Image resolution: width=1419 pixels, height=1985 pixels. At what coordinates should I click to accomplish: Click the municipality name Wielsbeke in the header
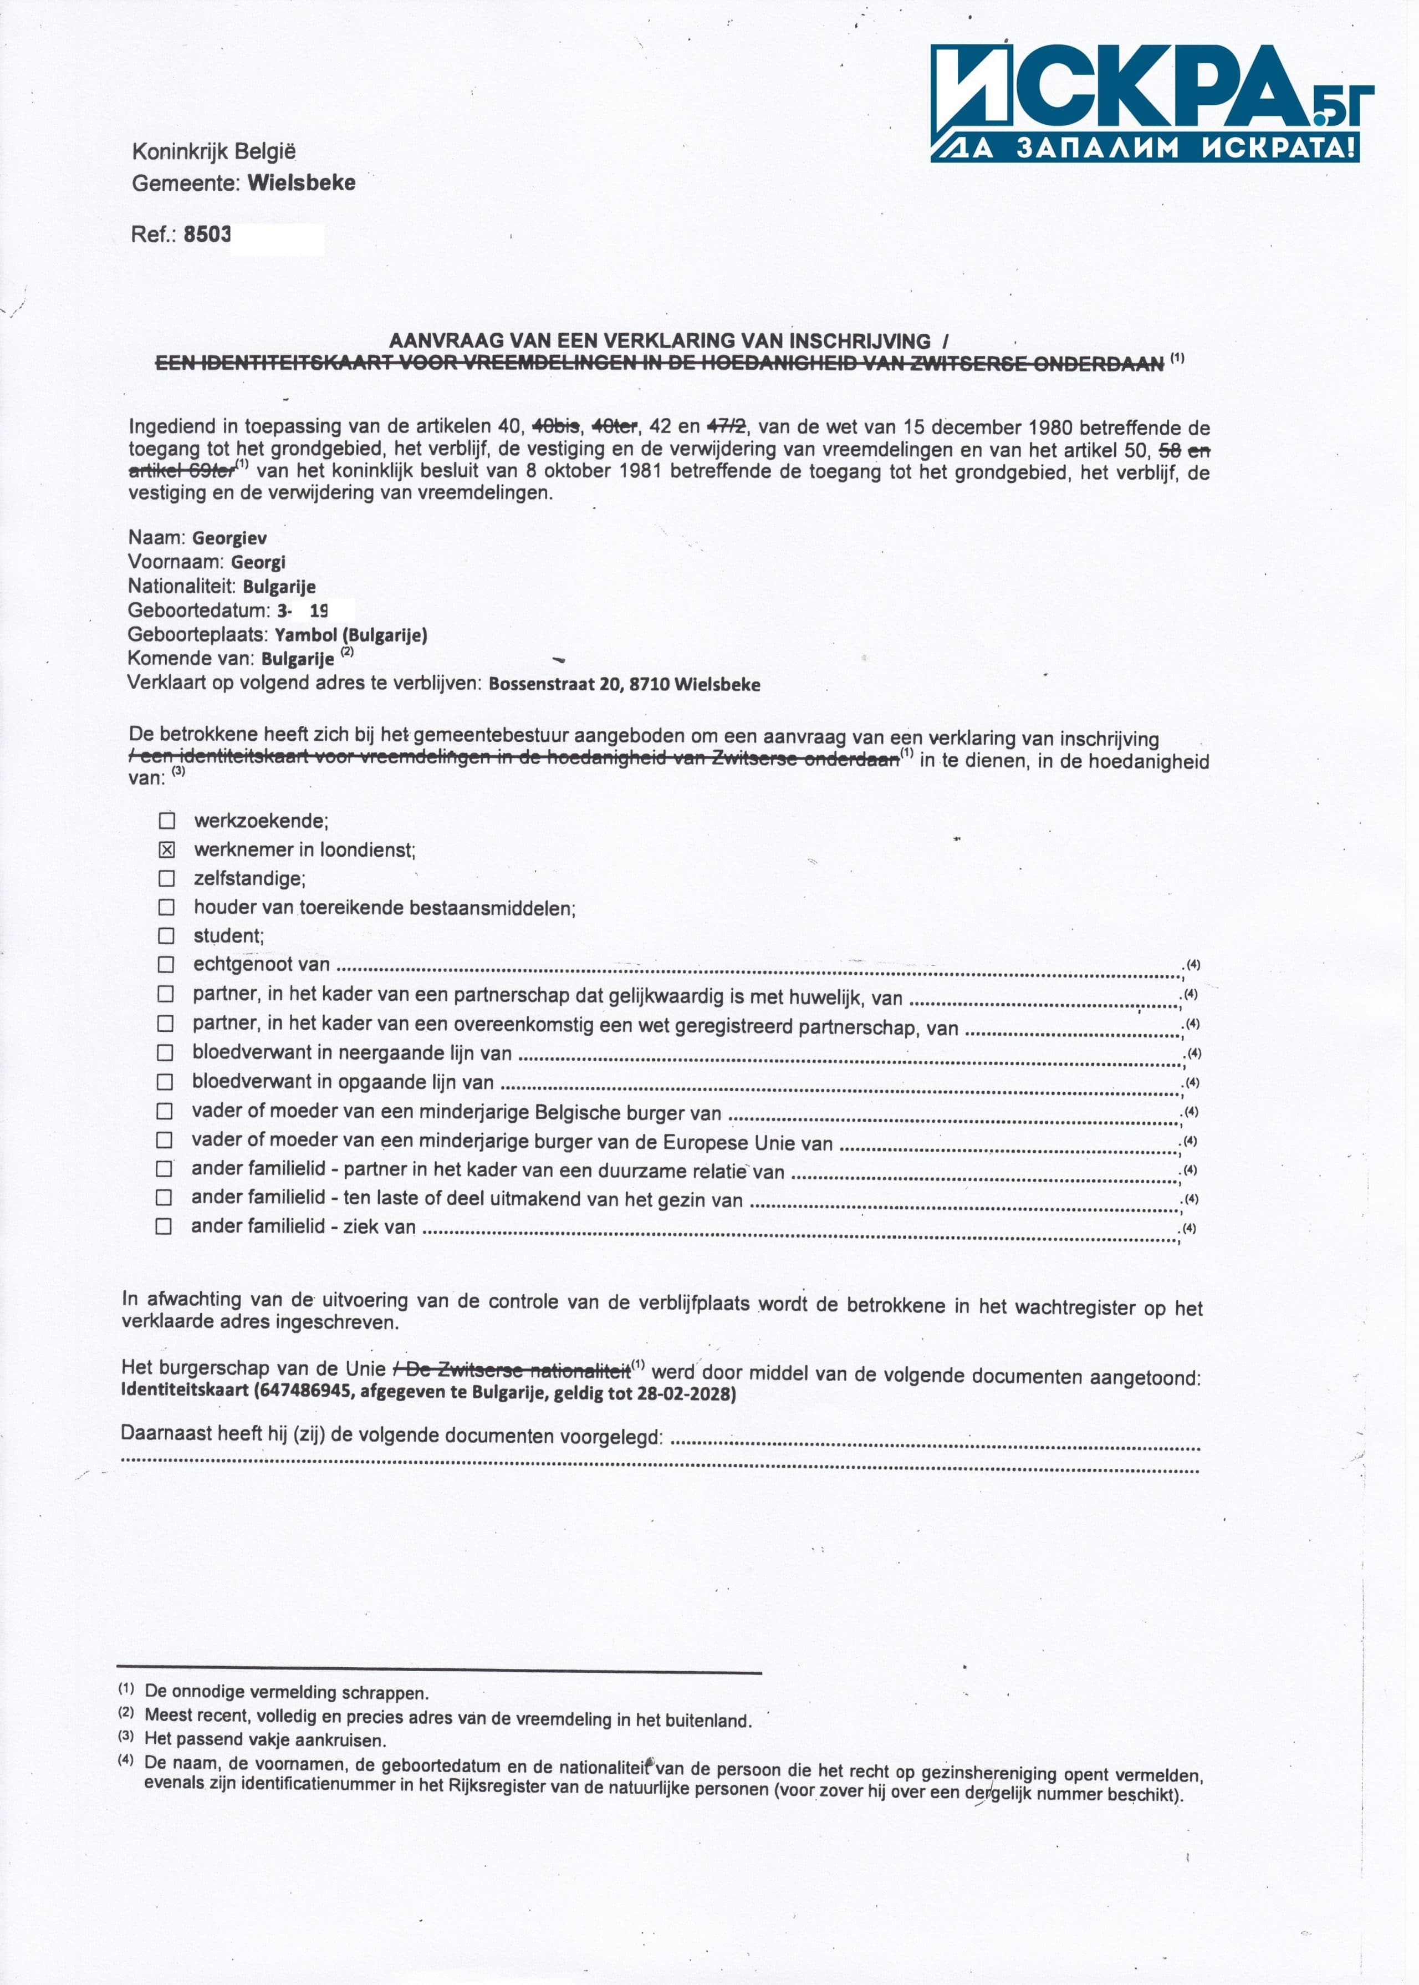tap(302, 182)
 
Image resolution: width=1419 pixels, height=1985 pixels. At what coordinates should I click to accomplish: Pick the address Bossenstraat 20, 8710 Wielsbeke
tap(624, 684)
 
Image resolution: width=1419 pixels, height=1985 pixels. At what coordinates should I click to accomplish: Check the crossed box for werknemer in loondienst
tap(167, 849)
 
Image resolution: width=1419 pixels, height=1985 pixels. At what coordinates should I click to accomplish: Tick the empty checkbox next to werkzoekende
tap(167, 821)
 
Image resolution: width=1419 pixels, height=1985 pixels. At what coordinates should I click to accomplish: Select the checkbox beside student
tap(166, 936)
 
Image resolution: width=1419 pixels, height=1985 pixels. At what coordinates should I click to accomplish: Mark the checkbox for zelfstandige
tap(166, 878)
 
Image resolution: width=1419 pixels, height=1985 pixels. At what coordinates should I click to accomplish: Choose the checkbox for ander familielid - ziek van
tap(164, 1226)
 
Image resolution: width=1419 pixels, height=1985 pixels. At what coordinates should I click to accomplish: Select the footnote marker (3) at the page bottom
tap(127, 1736)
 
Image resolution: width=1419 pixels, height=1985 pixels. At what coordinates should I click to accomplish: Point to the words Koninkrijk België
tap(214, 151)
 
